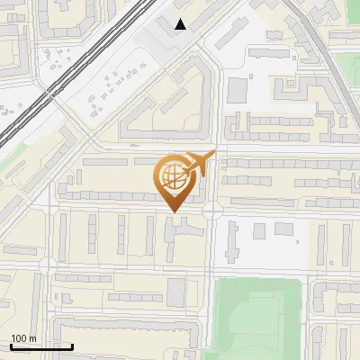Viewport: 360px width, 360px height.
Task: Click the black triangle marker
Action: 181,24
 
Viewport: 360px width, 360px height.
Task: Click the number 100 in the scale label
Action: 19,338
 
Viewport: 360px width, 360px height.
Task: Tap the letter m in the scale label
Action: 33,338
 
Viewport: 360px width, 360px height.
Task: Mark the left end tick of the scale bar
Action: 11,346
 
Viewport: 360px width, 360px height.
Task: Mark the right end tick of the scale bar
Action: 72,346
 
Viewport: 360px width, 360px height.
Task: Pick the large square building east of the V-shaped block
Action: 237,89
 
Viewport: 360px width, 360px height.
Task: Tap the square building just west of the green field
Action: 175,291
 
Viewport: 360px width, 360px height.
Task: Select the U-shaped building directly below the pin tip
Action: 181,233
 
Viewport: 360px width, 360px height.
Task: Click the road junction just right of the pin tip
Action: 211,211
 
